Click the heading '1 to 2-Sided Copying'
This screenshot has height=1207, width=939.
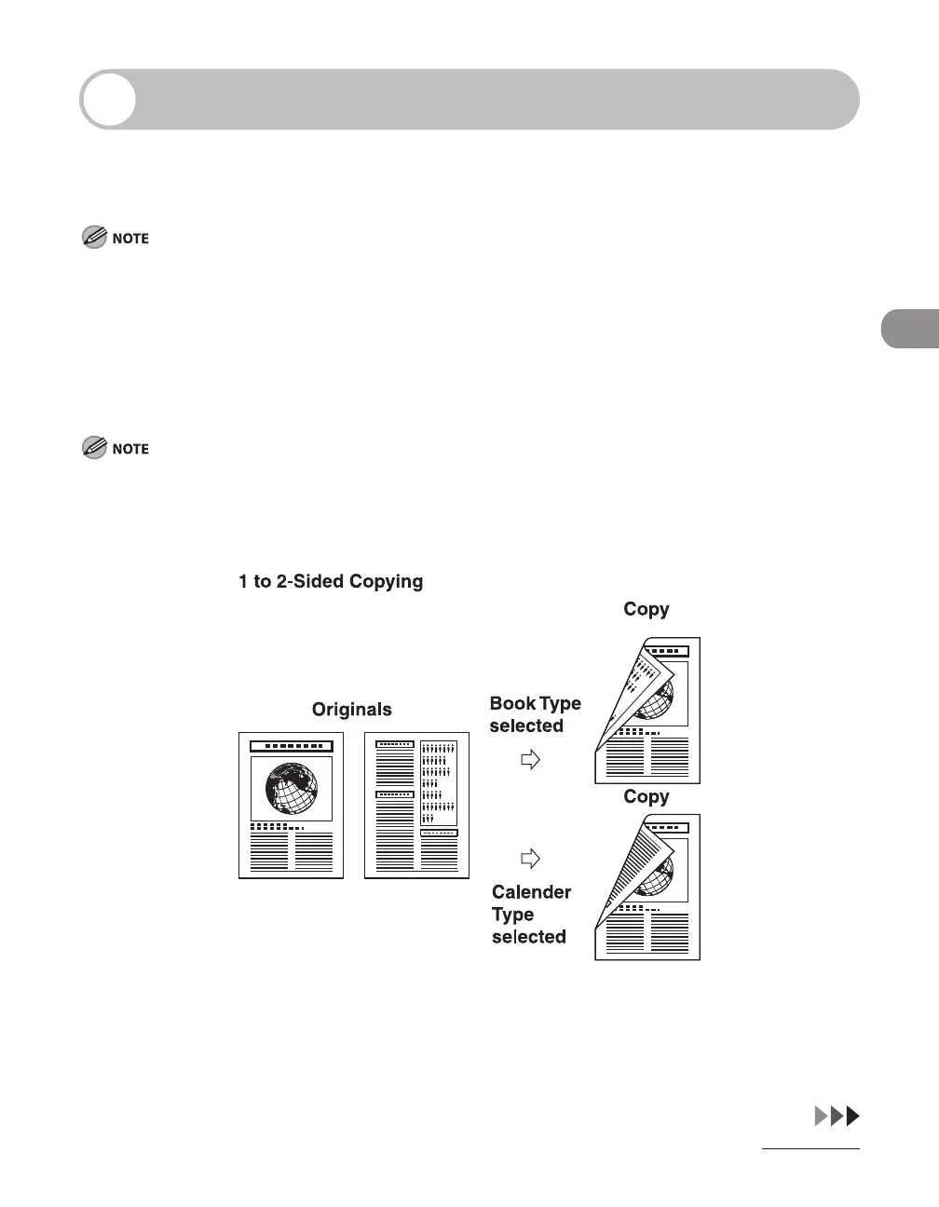click(x=331, y=581)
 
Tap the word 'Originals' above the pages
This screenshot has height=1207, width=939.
click(x=351, y=710)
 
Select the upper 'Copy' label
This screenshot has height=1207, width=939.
click(x=646, y=609)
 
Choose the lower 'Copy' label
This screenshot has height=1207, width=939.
click(x=646, y=797)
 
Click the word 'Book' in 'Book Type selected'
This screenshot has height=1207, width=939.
click(x=512, y=704)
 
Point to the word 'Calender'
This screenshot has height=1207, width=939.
click(x=531, y=892)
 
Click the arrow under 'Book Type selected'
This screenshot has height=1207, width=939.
click(x=530, y=760)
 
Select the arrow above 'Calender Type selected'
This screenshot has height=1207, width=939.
click(x=530, y=858)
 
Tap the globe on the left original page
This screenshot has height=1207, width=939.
click(x=292, y=789)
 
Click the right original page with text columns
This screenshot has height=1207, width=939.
click(x=416, y=806)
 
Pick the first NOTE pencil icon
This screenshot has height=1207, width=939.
click(x=94, y=237)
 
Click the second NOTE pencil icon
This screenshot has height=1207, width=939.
click(x=94, y=448)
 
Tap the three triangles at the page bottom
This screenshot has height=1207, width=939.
click(x=837, y=1116)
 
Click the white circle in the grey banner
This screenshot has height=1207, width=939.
click(x=109, y=99)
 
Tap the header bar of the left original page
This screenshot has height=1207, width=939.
click(x=292, y=746)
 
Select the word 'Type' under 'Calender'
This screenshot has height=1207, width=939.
click(x=513, y=915)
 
